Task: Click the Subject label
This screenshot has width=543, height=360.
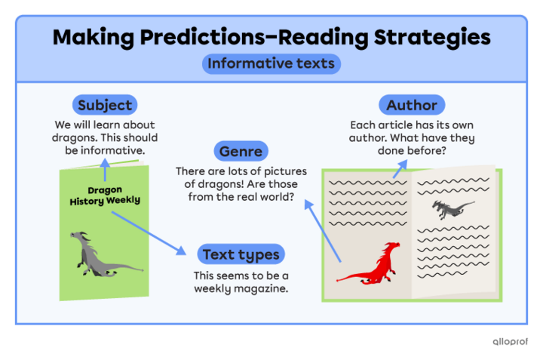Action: (104, 105)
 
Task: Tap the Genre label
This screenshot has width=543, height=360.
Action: (241, 151)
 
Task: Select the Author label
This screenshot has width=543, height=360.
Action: (411, 105)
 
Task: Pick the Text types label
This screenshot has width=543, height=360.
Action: (240, 254)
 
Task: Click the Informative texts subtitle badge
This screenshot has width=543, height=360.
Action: (271, 63)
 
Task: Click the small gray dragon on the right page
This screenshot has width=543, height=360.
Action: (452, 208)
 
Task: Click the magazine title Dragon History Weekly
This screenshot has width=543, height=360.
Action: (104, 195)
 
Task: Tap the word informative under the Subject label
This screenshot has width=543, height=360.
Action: (114, 150)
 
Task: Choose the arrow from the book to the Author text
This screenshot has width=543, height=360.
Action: (399, 170)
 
